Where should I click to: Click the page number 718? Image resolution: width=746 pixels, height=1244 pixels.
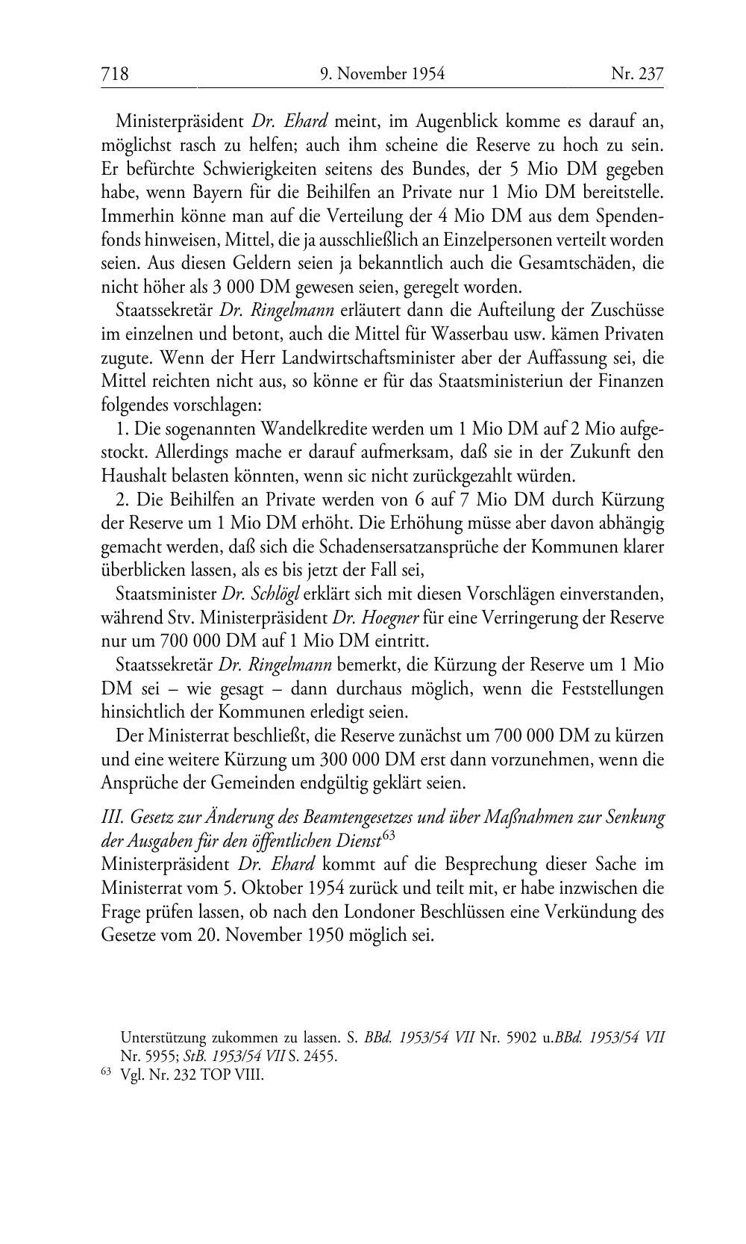[x=115, y=74]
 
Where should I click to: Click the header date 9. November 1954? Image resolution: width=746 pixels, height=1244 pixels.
[x=382, y=74]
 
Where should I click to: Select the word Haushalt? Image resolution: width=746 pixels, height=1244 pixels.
[x=134, y=476]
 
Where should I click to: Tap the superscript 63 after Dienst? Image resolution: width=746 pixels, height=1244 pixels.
[x=388, y=836]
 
